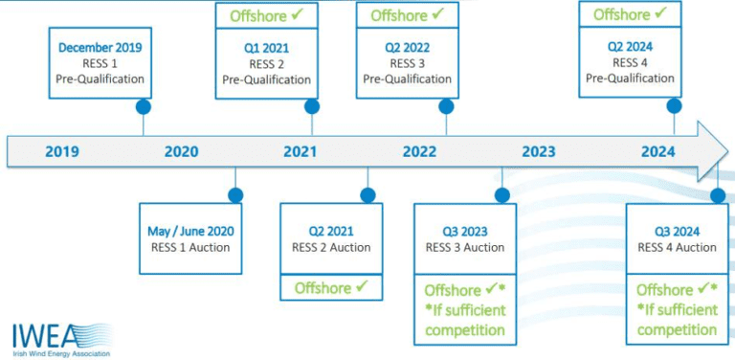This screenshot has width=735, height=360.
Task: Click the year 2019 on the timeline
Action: pyautogui.click(x=62, y=152)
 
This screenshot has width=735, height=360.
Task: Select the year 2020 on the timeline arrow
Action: pyautogui.click(x=182, y=152)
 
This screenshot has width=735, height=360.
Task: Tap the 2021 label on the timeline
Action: pyautogui.click(x=300, y=152)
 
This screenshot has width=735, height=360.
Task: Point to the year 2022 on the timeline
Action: pyautogui.click(x=419, y=152)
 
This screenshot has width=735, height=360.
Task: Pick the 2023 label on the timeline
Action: pyautogui.click(x=539, y=152)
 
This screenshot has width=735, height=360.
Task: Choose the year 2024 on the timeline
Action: pyautogui.click(x=658, y=152)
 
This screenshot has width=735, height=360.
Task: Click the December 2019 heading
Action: pyautogui.click(x=100, y=48)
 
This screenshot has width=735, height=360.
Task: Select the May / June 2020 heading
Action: pyautogui.click(x=190, y=231)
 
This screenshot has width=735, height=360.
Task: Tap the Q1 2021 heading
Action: pyautogui.click(x=267, y=48)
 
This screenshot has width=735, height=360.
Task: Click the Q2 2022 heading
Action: pyautogui.click(x=408, y=48)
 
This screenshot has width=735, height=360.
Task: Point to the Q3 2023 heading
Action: pyautogui.click(x=465, y=232)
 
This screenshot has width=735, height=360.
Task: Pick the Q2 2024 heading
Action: pyautogui.click(x=630, y=47)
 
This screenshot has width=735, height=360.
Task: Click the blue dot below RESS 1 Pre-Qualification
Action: pyautogui.click(x=143, y=107)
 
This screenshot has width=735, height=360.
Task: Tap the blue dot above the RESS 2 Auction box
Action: pyautogui.click(x=367, y=195)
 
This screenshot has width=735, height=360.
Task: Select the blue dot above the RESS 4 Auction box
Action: pyautogui.click(x=718, y=195)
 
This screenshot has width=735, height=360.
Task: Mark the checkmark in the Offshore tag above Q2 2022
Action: pyautogui.click(x=437, y=14)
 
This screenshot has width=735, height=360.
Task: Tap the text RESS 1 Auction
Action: pyautogui.click(x=190, y=247)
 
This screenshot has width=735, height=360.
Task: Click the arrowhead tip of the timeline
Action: pyautogui.click(x=728, y=151)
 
